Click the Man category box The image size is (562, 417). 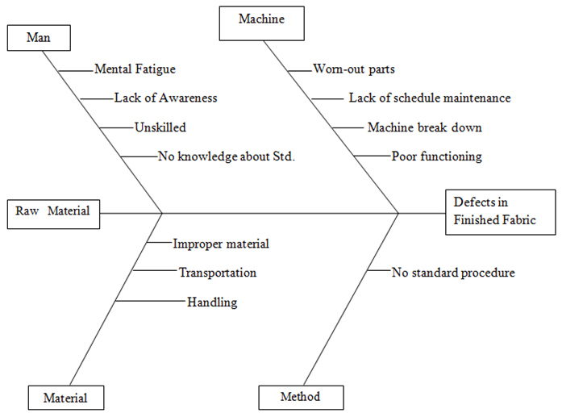click(38, 37)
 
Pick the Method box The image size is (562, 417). click(301, 397)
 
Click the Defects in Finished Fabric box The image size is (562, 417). click(500, 211)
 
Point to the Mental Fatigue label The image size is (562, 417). click(135, 69)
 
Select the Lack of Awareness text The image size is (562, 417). click(165, 98)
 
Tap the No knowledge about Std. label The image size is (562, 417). click(227, 156)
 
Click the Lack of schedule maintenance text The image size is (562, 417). click(429, 98)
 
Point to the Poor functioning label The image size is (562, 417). click(436, 156)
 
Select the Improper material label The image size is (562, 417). click(221, 243)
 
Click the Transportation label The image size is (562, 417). click(218, 273)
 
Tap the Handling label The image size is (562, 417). click(212, 302)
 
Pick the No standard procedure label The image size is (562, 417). click(453, 273)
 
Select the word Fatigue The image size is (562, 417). click(154, 69)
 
